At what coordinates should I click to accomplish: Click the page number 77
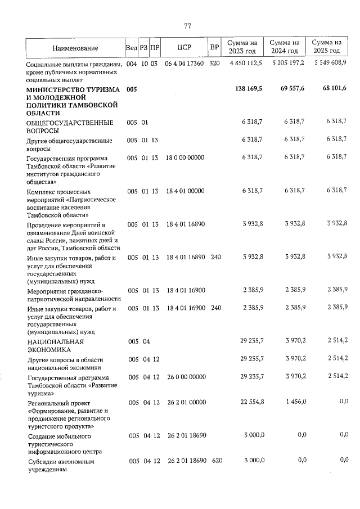pyautogui.click(x=188, y=26)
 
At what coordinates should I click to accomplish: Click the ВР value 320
pyautogui.click(x=214, y=64)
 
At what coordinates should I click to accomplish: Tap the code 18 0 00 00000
pyautogui.click(x=185, y=158)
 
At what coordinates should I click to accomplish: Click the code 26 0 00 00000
pyautogui.click(x=185, y=377)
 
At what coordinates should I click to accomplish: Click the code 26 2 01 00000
pyautogui.click(x=185, y=403)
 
